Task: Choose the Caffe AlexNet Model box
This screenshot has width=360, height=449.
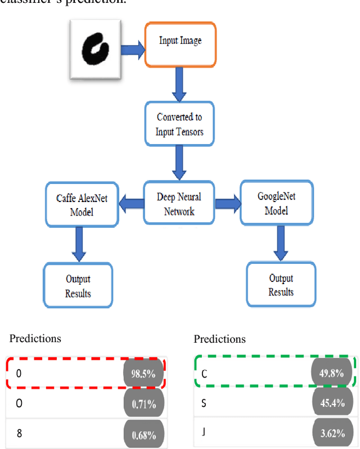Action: point(82,205)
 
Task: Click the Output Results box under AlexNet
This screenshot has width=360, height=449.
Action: point(78,286)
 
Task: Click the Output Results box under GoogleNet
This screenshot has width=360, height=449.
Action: point(281,285)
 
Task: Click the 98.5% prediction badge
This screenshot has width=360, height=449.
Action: point(144,372)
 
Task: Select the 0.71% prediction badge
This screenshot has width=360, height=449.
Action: point(144,403)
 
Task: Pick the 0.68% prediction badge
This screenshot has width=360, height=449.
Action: point(144,434)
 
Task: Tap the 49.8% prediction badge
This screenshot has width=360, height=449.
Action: point(331,372)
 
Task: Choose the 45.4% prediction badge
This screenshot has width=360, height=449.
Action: point(331,402)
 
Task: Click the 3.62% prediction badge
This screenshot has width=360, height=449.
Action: point(331,433)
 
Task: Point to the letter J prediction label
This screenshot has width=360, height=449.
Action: point(203,433)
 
